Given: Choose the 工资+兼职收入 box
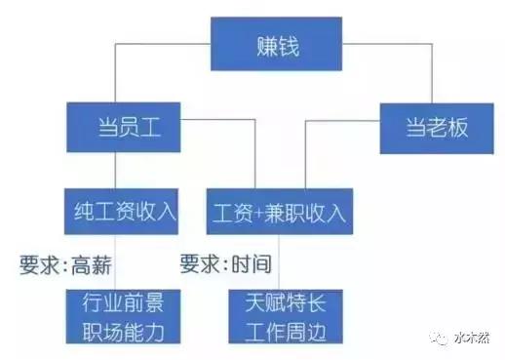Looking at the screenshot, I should tap(278, 209).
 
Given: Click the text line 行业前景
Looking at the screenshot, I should tap(121, 301).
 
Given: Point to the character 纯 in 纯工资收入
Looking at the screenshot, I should tap(83, 209).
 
